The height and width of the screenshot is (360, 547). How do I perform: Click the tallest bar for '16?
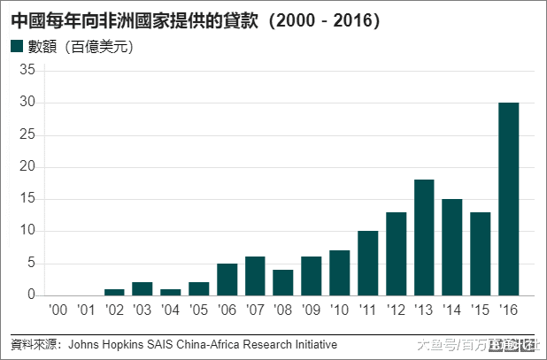(x=508, y=199)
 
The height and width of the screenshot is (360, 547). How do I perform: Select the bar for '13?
(x=424, y=237)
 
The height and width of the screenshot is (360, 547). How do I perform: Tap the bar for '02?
(x=114, y=292)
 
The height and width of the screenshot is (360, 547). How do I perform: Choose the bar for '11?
(x=367, y=263)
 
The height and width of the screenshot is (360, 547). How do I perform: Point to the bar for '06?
(x=227, y=279)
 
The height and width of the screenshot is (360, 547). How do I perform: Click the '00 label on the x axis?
(x=58, y=310)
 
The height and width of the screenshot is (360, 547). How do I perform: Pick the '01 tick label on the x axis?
(x=86, y=310)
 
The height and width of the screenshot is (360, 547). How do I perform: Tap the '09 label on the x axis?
(x=311, y=310)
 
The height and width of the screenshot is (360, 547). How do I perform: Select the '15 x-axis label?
(x=480, y=310)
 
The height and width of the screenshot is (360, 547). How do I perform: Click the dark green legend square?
(x=17, y=47)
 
